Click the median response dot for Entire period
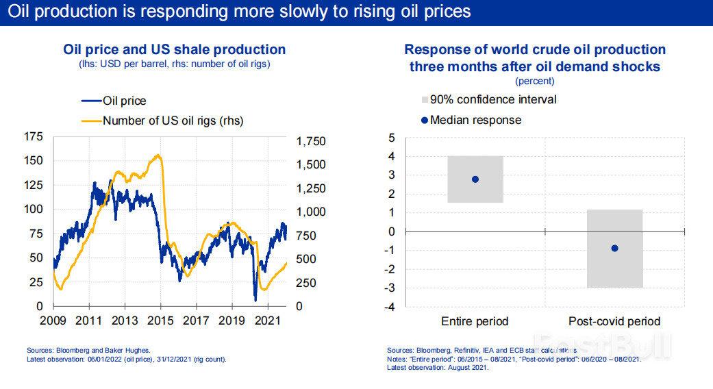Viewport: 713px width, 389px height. [475, 179]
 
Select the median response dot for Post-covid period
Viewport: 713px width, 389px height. [614, 248]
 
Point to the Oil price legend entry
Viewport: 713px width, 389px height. [124, 101]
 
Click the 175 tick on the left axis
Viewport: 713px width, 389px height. [33, 137]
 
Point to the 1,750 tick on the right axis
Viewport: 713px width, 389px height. [312, 141]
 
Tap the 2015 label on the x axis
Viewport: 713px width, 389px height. [160, 320]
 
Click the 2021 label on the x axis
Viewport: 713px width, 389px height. [268, 320]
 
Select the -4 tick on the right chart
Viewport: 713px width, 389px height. [391, 307]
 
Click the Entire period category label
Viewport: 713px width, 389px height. [475, 321]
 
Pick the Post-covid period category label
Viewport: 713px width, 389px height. [614, 321]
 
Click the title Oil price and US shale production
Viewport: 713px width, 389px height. [174, 49]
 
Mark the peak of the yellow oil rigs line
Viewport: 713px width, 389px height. [159, 155]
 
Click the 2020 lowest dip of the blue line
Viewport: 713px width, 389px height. [255, 299]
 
